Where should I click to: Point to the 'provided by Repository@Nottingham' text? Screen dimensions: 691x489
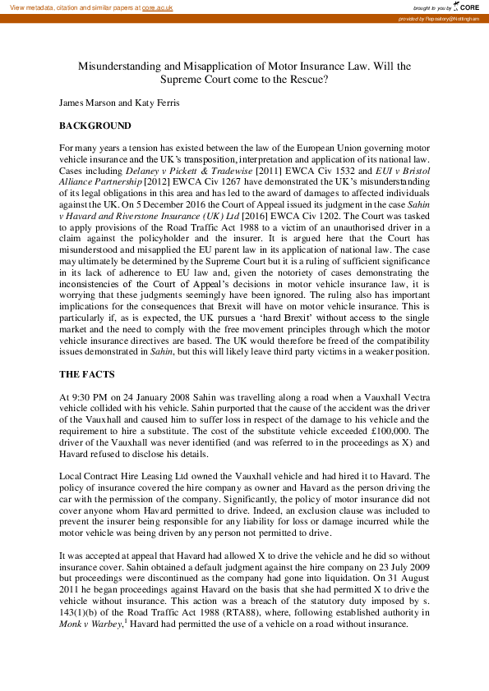(440, 18)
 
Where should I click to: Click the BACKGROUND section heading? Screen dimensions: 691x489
(95, 126)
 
